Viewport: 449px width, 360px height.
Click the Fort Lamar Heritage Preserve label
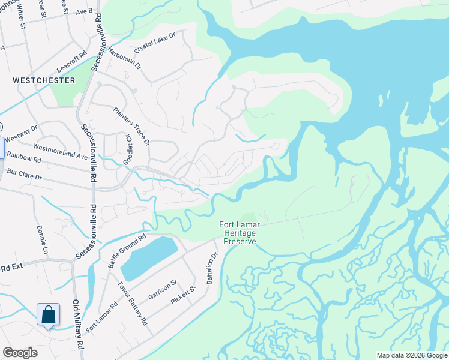click(x=240, y=232)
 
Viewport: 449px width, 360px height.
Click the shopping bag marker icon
click(x=48, y=315)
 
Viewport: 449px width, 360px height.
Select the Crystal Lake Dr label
click(x=155, y=42)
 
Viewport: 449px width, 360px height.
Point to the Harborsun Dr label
click(x=125, y=58)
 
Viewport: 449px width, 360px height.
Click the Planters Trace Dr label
click(x=132, y=126)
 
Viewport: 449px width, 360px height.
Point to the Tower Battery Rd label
click(x=133, y=303)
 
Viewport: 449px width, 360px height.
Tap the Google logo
click(x=20, y=353)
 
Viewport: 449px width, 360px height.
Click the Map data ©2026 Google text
click(x=411, y=355)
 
